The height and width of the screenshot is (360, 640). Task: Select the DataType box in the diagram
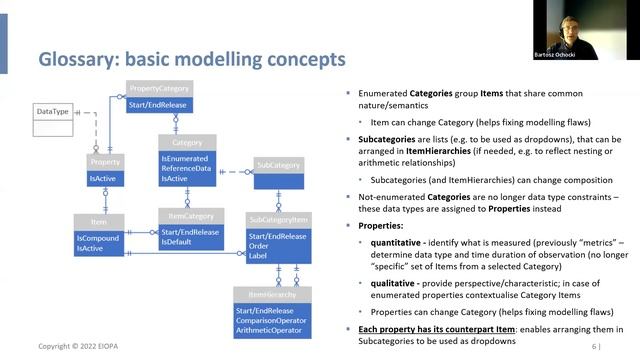(x=53, y=111)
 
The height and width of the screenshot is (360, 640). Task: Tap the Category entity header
(x=187, y=142)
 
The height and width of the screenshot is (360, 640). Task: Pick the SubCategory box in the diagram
(x=278, y=164)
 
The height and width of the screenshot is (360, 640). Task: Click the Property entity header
(x=105, y=162)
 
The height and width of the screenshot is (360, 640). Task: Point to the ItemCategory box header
(x=190, y=216)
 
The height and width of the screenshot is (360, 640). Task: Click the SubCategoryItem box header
(x=279, y=219)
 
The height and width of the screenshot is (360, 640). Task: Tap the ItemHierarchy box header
(x=271, y=294)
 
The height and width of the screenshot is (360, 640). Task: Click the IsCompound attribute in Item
(x=97, y=237)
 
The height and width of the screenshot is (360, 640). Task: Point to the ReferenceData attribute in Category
(x=187, y=168)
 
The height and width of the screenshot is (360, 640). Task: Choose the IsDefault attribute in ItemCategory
(x=177, y=242)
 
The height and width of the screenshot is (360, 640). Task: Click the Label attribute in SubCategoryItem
(x=259, y=255)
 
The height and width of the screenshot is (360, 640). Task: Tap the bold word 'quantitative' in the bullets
(x=395, y=240)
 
